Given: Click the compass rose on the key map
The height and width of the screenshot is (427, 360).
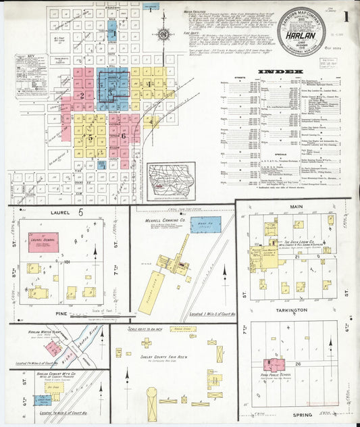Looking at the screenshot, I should [x=163, y=33].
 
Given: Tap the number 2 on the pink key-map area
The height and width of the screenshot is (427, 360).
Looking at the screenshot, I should [x=82, y=95].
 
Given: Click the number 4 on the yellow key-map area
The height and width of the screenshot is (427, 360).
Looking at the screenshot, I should [x=148, y=83].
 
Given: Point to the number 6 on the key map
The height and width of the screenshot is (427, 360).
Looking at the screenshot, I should [x=124, y=136].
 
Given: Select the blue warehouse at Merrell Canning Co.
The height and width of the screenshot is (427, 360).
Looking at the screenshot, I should [x=205, y=225].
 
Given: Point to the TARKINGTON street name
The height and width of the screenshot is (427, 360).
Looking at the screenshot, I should [x=292, y=309].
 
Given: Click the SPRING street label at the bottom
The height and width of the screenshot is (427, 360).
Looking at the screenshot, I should [x=292, y=414].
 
